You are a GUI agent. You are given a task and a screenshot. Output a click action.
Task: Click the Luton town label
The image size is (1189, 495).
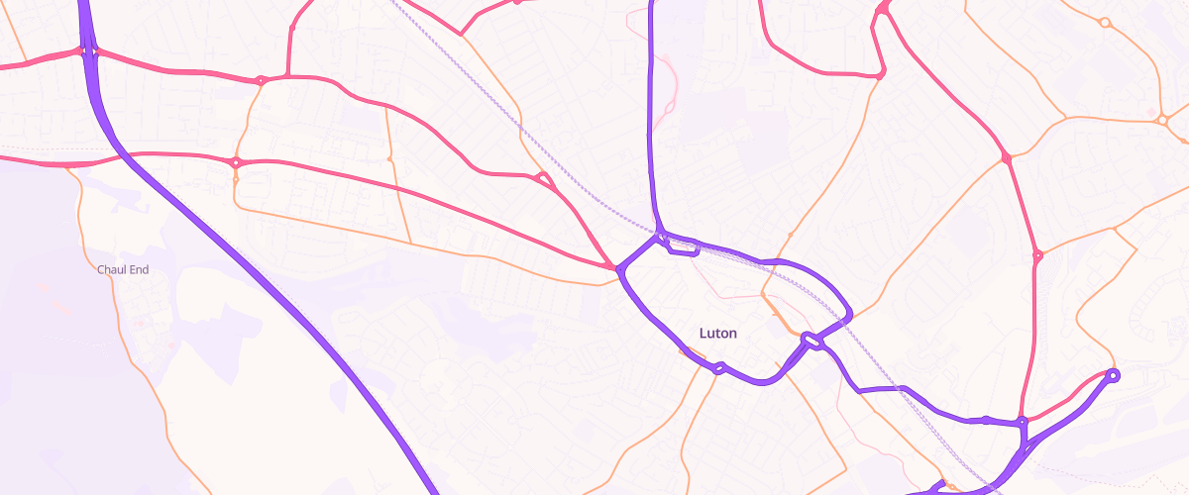718,334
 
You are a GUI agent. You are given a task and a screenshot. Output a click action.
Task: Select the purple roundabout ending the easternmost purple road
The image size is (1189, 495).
1112,375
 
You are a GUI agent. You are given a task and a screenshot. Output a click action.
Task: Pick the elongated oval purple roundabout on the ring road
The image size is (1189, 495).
812,341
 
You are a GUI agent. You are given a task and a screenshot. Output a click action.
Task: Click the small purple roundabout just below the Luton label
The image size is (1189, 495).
720,369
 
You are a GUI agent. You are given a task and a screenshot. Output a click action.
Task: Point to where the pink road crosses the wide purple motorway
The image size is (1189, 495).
90,51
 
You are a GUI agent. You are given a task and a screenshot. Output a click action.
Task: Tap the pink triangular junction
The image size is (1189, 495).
542,179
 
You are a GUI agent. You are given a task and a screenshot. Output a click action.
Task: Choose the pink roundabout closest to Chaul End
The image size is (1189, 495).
236,162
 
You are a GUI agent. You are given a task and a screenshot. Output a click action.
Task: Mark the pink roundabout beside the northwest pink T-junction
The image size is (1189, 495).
261,80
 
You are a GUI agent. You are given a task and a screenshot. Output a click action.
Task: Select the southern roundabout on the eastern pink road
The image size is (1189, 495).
1037,256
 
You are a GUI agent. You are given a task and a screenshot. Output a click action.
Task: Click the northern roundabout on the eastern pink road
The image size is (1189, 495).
1007,157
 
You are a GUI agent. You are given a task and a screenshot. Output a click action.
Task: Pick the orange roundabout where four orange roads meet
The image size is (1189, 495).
1161,120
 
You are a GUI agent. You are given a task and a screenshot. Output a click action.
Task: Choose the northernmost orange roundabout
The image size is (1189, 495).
1104,22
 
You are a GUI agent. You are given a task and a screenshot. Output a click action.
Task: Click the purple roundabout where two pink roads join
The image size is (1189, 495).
1022,423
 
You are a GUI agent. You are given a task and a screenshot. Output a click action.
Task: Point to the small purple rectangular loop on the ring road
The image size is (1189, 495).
683,247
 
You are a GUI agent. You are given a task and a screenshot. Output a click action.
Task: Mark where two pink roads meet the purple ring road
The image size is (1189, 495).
619,268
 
